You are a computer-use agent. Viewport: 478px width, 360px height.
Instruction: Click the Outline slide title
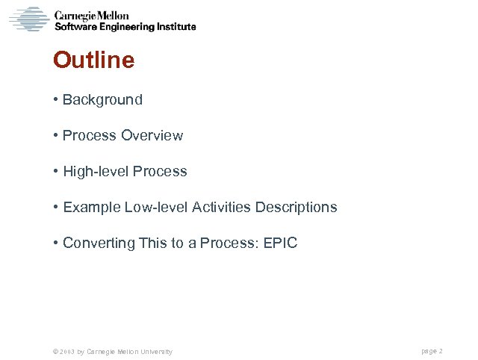pyautogui.click(x=93, y=60)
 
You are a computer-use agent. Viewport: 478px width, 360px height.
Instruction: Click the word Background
pyautogui.click(x=102, y=99)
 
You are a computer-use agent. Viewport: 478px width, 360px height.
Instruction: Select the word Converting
pyautogui.click(x=94, y=243)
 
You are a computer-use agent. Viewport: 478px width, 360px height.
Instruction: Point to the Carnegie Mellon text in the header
pyautogui.click(x=92, y=15)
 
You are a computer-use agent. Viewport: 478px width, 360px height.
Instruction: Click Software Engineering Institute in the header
pyautogui.click(x=125, y=27)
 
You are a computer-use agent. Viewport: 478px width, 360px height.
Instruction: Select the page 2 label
pyautogui.click(x=432, y=350)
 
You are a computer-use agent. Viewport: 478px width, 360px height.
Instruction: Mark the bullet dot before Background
pyautogui.click(x=56, y=100)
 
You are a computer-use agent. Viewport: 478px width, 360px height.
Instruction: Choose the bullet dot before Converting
pyautogui.click(x=56, y=243)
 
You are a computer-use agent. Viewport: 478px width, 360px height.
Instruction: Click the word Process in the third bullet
pyautogui.click(x=160, y=171)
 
